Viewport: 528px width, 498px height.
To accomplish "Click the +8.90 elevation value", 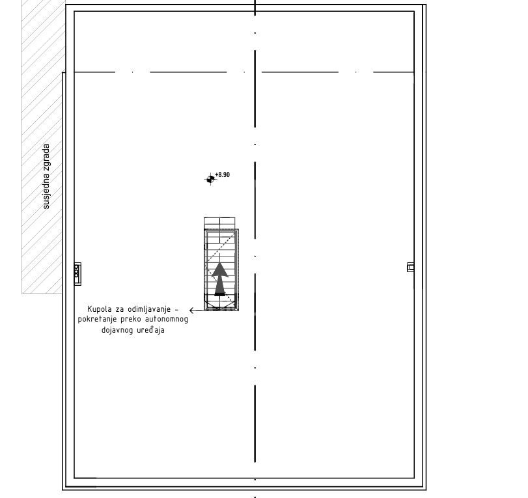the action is [x=222, y=174].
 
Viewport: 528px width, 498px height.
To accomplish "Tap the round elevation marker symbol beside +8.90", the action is [x=210, y=179].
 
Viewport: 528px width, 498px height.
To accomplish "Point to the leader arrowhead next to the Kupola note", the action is [x=191, y=310].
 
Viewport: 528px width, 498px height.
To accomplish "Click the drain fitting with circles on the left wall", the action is [x=77, y=274].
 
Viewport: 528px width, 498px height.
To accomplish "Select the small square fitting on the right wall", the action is [x=410, y=267].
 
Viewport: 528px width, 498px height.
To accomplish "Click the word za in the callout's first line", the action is [x=120, y=309].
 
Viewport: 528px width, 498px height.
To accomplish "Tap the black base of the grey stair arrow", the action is [x=220, y=295].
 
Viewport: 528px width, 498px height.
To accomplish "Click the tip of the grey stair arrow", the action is [x=220, y=262].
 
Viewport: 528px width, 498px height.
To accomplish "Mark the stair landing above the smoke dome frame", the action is [x=219, y=223].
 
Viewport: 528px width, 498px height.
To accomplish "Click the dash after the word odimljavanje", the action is [x=176, y=309].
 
